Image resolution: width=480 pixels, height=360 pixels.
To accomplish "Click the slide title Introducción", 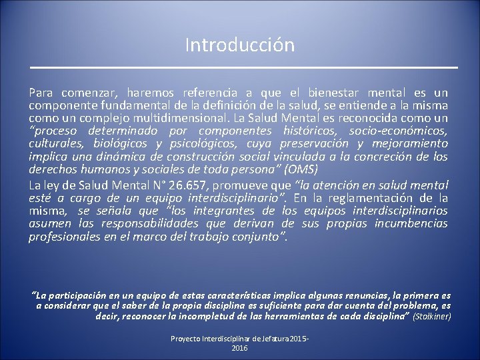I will [x=240, y=45].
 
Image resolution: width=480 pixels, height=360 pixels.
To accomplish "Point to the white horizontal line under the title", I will [x=244, y=68].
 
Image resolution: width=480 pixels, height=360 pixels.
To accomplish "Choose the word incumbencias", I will [x=411, y=224].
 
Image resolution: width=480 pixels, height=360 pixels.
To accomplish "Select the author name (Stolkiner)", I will [x=433, y=316].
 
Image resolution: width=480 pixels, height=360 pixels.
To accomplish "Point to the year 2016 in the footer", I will [x=240, y=348].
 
